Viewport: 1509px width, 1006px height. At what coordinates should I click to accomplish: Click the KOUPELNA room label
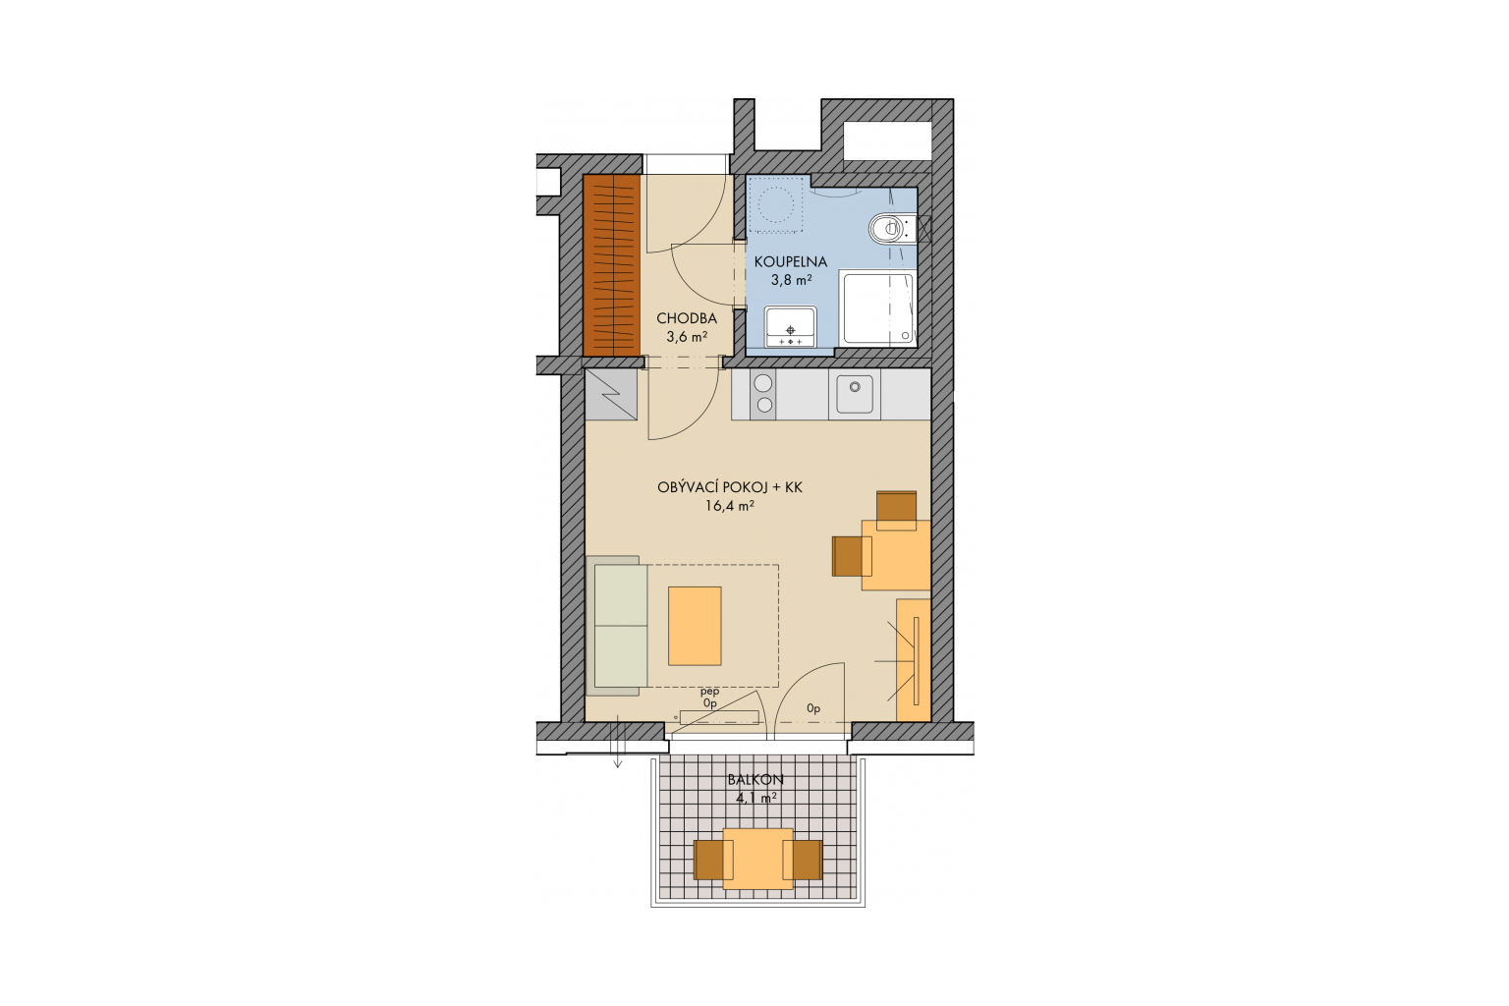pos(790,261)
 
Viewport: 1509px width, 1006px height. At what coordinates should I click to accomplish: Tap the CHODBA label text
pos(687,318)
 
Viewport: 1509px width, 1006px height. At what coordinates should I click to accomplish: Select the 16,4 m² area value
pos(730,505)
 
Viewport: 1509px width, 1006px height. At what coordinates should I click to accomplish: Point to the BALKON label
pos(755,780)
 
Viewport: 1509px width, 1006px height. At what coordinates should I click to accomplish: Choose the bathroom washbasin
pos(790,327)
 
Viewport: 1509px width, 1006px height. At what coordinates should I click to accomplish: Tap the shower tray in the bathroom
pos(877,307)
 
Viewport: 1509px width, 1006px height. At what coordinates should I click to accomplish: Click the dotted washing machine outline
pos(775,204)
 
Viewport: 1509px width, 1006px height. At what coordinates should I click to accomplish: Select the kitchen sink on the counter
pos(855,394)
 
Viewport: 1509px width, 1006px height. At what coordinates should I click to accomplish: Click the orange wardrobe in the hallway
pos(611,265)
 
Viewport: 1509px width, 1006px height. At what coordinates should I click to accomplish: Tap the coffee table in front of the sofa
pos(695,626)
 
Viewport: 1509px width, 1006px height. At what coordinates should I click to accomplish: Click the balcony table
pos(757,859)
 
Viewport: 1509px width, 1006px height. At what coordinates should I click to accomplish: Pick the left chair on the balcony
pos(712,860)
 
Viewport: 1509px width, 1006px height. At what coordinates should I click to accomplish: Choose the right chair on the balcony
pos(803,860)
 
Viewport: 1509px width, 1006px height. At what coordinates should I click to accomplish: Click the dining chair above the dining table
pos(896,511)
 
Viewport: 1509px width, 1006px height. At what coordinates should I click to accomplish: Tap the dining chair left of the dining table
pos(852,556)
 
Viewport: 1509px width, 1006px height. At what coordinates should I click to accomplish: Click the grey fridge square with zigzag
pos(611,394)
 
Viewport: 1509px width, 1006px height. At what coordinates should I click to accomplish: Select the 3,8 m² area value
pos(791,279)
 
